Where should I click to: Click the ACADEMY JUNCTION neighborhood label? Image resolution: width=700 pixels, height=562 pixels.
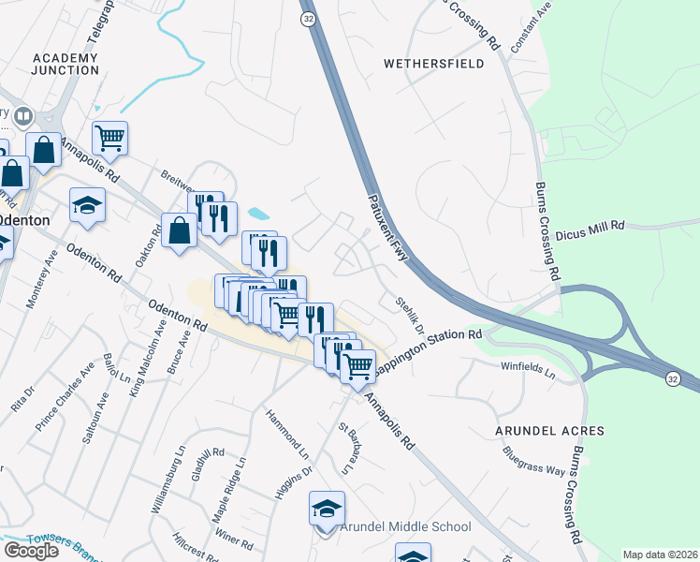[65, 64]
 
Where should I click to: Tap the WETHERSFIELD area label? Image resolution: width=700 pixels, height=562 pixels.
[434, 64]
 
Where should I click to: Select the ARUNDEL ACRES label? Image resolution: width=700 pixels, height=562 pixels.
[550, 431]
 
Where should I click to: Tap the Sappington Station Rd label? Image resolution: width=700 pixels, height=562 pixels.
[429, 347]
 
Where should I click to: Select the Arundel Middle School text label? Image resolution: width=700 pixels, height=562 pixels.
[405, 527]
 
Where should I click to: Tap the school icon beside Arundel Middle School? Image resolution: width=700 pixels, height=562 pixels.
[326, 510]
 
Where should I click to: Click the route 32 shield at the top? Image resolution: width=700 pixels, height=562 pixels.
[308, 18]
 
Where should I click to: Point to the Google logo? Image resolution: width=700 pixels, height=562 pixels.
[32, 551]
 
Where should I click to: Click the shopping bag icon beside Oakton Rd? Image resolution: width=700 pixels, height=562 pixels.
[179, 229]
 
